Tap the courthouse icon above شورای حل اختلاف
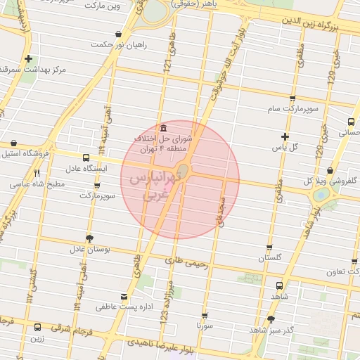(163, 128)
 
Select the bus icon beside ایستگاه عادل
(86, 157)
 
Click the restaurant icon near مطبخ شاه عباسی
(37, 172)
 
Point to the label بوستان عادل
(86, 248)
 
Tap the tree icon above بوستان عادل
(89, 237)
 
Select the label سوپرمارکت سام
(292, 110)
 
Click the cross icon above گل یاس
(284, 136)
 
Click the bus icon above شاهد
(280, 286)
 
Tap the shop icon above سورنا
(204, 316)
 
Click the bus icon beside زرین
(37, 327)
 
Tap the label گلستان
(269, 258)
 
